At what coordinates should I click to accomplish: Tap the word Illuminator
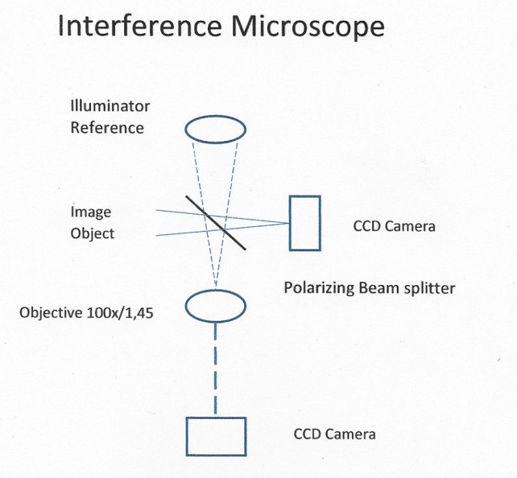point(110,106)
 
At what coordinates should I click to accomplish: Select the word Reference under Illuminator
point(107,127)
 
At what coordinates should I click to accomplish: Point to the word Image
point(91,212)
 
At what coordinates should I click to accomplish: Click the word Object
point(92,233)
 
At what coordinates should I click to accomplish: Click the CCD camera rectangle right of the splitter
point(305,223)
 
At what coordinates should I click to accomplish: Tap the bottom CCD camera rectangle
point(216,436)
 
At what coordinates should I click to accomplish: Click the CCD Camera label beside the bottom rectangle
point(334,434)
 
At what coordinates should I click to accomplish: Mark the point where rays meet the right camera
point(289,223)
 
